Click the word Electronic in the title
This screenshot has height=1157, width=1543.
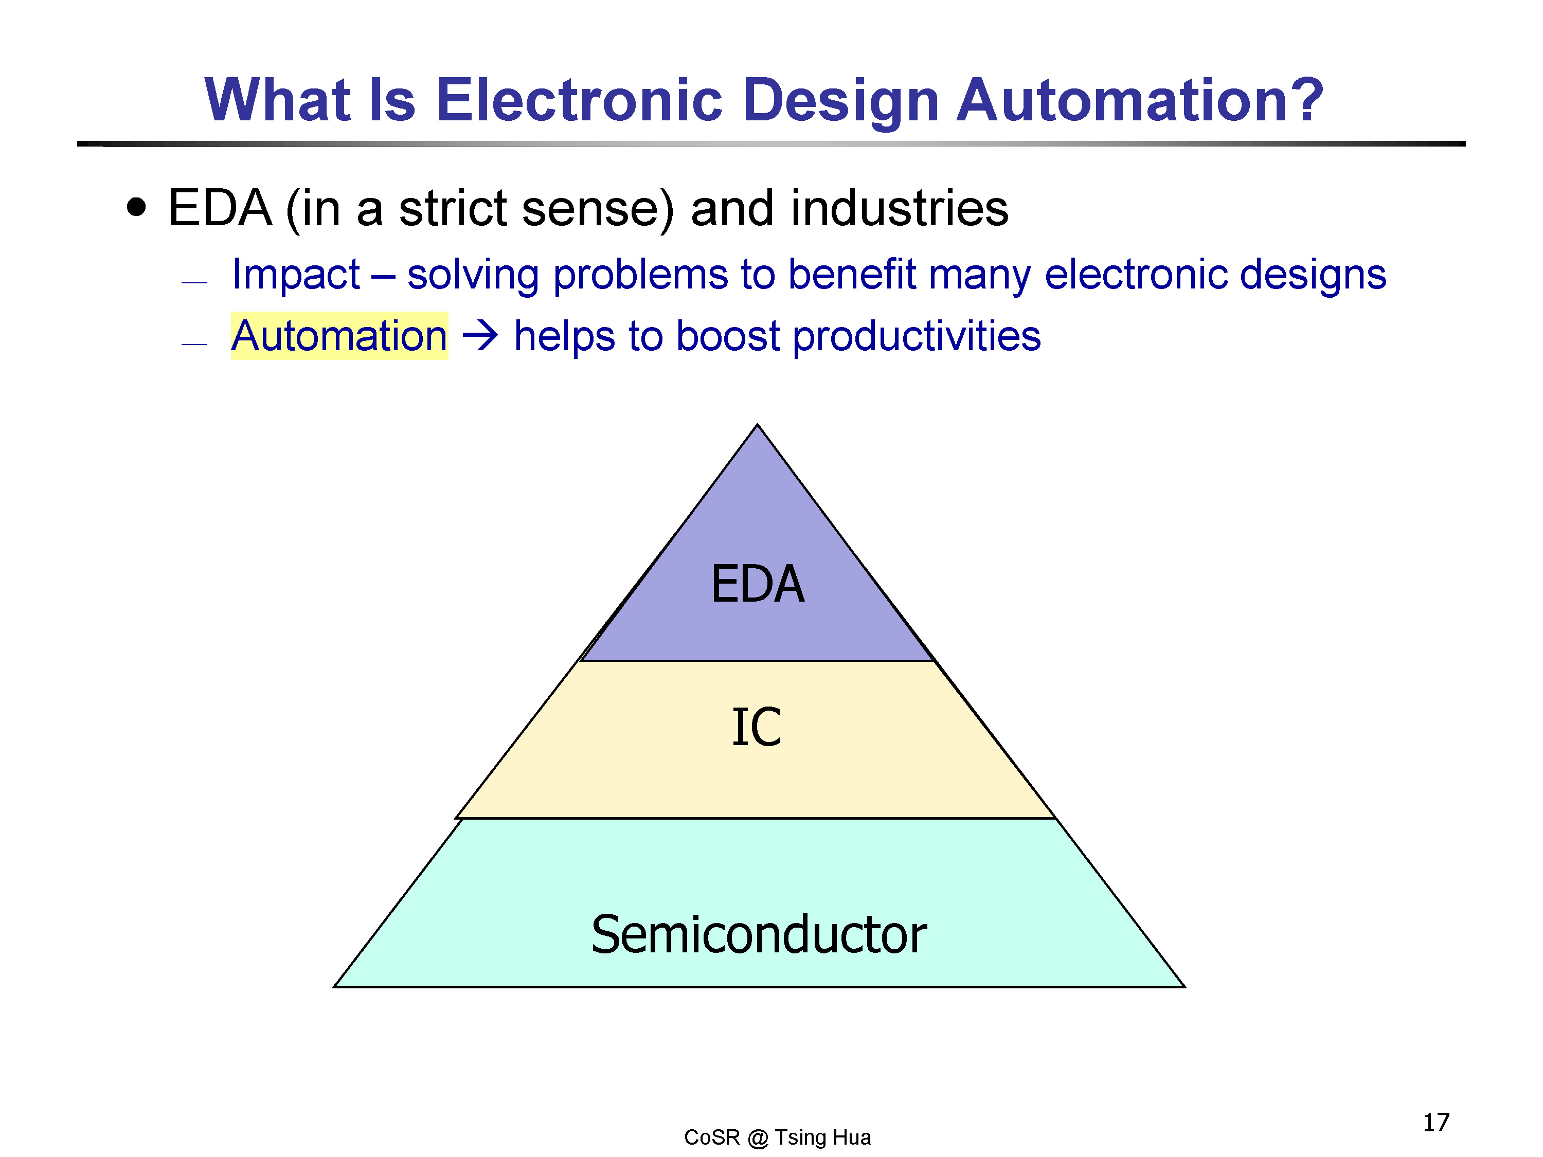pyautogui.click(x=580, y=100)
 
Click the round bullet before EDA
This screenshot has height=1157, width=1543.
pyautogui.click(x=137, y=207)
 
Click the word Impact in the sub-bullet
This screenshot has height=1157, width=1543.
pyautogui.click(x=296, y=274)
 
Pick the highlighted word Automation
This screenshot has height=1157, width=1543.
pyautogui.click(x=339, y=335)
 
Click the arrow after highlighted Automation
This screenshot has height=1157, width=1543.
pyautogui.click(x=480, y=335)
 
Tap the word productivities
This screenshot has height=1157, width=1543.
pyautogui.click(x=917, y=337)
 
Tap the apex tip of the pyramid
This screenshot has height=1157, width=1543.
pyautogui.click(x=758, y=425)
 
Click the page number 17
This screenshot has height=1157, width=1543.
pyautogui.click(x=1436, y=1122)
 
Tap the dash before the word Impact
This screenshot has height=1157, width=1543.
pyautogui.click(x=194, y=282)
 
